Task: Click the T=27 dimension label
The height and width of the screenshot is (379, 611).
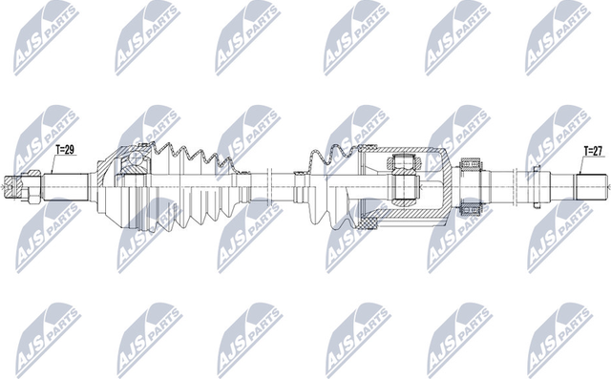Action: pos(595,150)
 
